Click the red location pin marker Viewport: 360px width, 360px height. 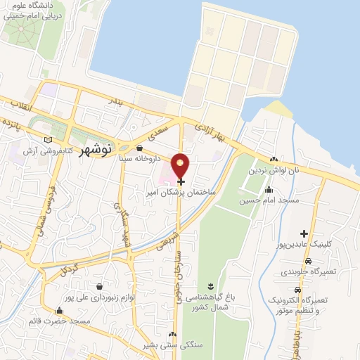(181, 165)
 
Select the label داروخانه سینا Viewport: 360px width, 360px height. (138, 159)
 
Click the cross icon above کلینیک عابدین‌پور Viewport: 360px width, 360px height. (304, 233)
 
